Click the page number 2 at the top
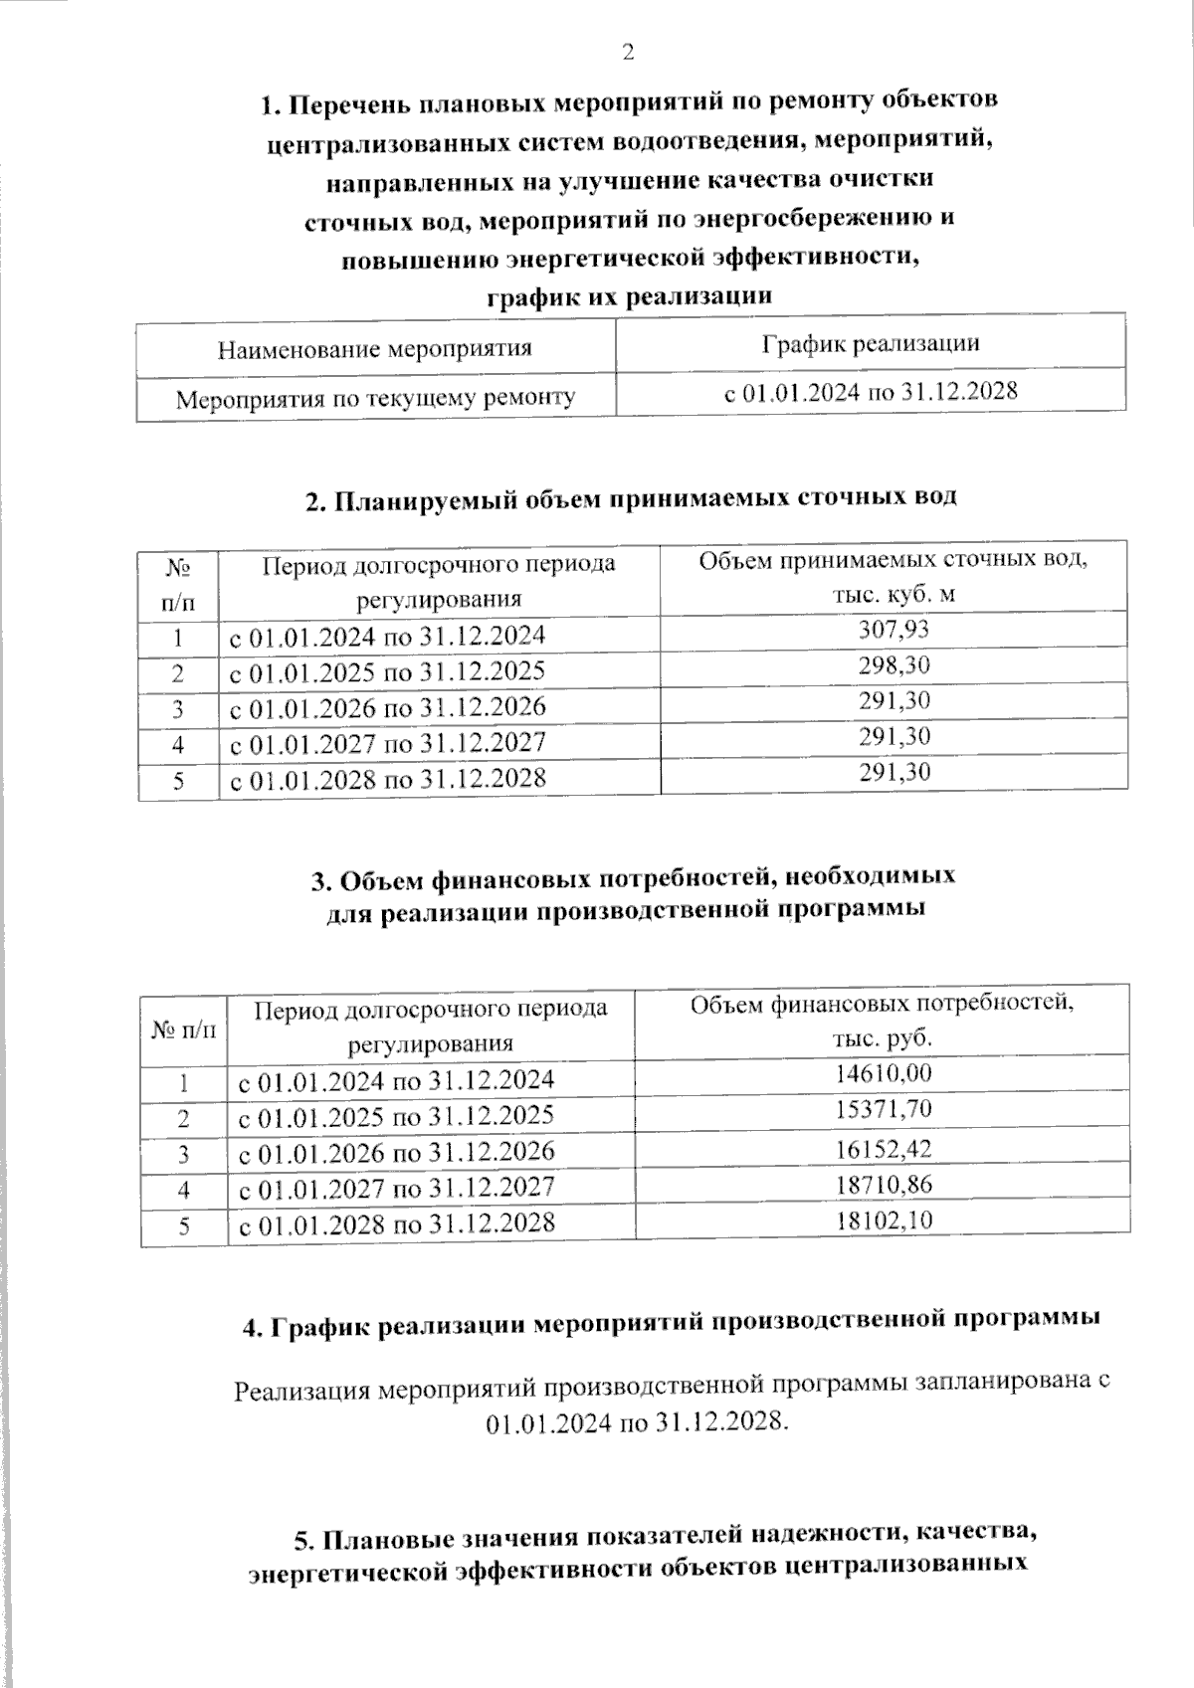coord(628,53)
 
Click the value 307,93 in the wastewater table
coord(894,629)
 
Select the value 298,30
coord(894,664)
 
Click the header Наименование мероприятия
coord(374,349)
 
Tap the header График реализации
coord(871,344)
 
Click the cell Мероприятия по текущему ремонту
coord(376,399)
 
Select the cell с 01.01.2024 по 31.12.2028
coord(871,392)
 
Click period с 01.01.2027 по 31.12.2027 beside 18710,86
coord(396,1187)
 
